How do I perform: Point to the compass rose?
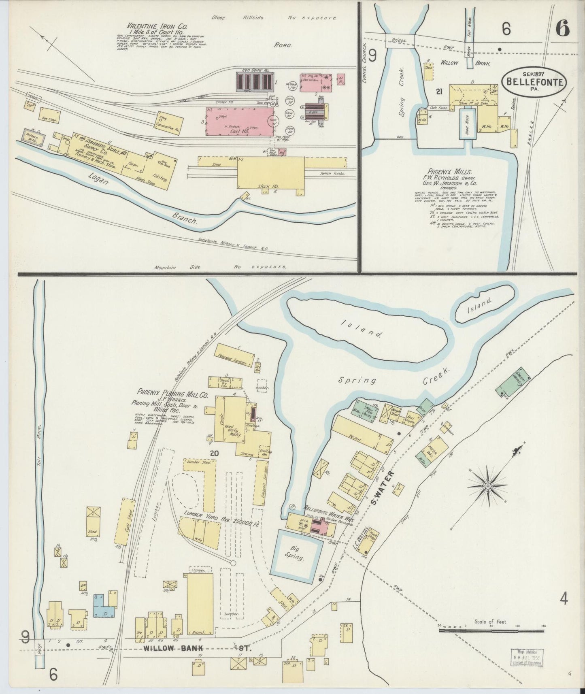coord(489,485)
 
